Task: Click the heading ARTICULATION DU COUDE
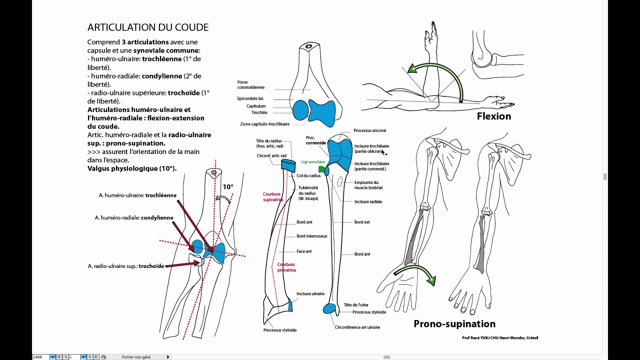(148, 27)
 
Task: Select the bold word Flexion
(493, 116)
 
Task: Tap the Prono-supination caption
(454, 324)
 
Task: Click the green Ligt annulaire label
(313, 162)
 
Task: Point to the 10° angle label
(228, 187)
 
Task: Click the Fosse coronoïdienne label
(250, 85)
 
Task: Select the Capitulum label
(256, 106)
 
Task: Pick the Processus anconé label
(369, 130)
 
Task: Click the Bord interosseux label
(311, 236)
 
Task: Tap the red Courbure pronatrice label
(286, 267)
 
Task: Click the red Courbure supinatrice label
(273, 197)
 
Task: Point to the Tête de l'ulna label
(355, 304)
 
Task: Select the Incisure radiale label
(368, 201)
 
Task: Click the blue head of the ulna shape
(329, 308)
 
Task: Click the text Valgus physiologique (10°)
(132, 168)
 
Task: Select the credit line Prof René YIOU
(499, 338)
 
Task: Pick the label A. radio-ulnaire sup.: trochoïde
(126, 266)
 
